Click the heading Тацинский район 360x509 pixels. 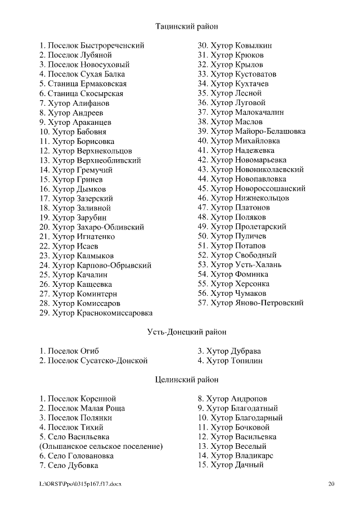click(186, 26)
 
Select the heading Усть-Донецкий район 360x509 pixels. click(186, 332)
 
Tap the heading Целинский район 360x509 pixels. click(186, 380)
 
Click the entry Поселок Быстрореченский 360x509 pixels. click(92, 46)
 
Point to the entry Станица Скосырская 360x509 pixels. click(81, 93)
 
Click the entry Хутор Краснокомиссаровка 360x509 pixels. click(96, 313)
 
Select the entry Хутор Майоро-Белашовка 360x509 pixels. click(251, 132)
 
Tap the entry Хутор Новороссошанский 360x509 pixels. click(251, 189)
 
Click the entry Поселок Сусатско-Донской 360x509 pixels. click(93, 361)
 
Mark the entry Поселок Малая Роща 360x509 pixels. click(82, 408)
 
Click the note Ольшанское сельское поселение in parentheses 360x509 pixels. click(101, 447)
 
